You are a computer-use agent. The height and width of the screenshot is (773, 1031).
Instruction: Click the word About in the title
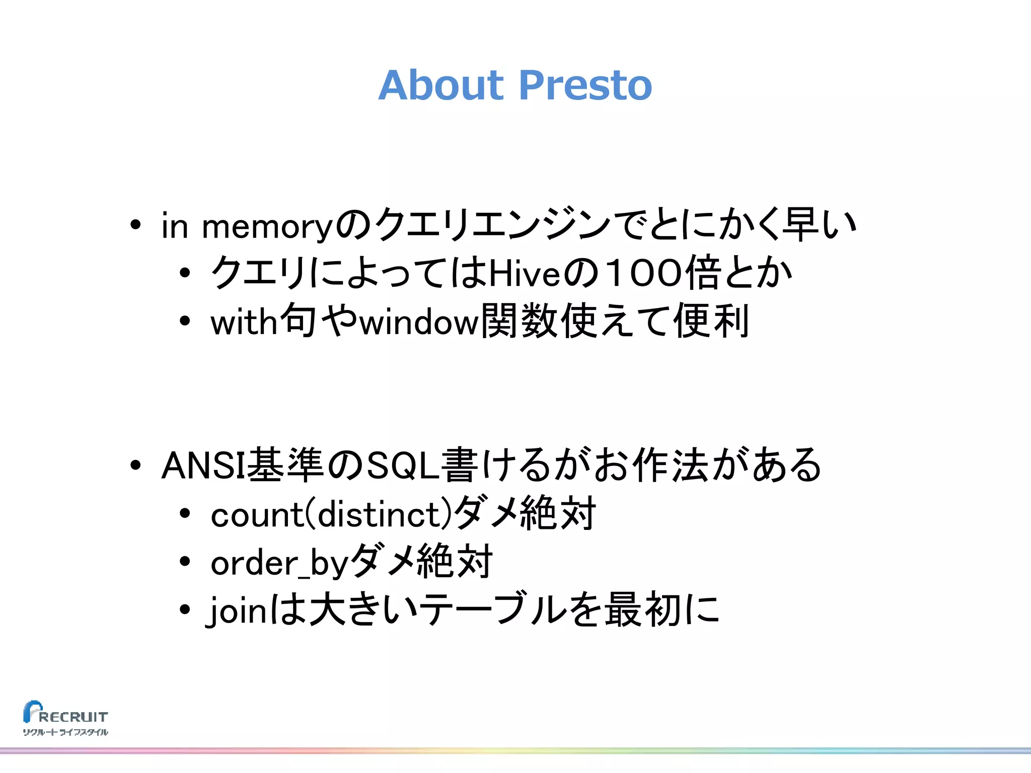pos(440,85)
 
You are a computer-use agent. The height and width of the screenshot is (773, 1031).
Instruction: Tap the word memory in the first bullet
pos(267,227)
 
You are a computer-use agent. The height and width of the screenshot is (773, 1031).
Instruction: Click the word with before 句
pos(244,322)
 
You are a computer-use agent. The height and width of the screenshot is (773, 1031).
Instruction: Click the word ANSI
pos(203,466)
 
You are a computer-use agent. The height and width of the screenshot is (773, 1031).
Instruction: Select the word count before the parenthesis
pos(256,515)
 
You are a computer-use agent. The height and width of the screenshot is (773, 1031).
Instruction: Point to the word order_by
pos(279,563)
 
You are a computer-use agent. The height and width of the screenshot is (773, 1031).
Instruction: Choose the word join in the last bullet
pos(237,610)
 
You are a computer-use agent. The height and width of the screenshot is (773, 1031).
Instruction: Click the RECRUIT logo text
pos(73,717)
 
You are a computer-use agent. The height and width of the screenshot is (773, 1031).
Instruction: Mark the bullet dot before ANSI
pos(135,466)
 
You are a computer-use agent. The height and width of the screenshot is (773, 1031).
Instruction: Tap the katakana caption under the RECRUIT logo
pos(65,732)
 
